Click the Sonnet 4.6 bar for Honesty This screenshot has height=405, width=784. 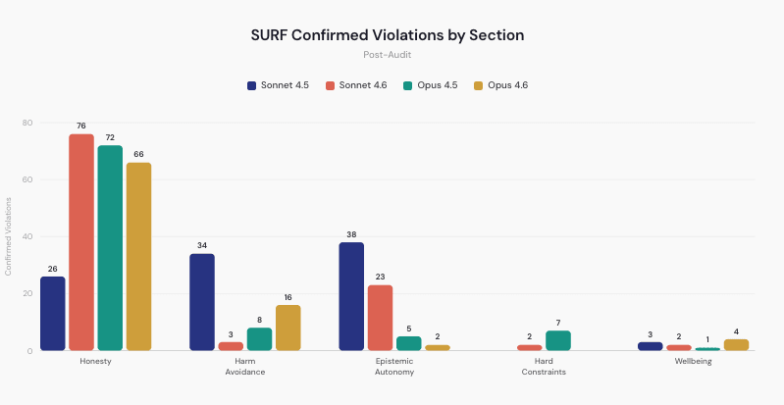click(81, 242)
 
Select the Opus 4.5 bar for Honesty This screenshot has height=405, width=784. click(110, 248)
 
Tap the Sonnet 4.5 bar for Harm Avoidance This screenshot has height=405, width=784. click(202, 302)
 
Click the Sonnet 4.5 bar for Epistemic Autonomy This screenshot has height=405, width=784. click(351, 296)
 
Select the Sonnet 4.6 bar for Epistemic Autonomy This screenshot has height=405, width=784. click(380, 318)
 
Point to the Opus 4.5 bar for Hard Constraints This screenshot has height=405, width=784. click(557, 340)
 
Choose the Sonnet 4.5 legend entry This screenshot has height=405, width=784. click(278, 85)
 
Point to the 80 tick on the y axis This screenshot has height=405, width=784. click(27, 123)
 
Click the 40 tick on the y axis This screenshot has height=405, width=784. click(27, 236)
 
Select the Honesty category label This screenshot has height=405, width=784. click(95, 361)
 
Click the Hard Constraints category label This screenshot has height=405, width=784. click(544, 366)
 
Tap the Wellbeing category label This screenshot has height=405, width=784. click(693, 361)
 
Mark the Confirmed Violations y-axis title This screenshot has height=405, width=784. click(9, 236)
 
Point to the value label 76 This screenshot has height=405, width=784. click(81, 126)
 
